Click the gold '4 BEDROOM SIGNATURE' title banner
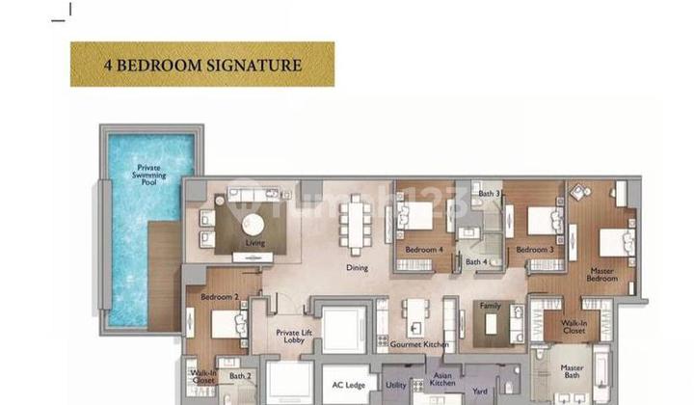(202, 65)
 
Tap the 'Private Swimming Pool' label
(149, 171)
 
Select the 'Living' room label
(254, 243)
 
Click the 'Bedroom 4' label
(424, 250)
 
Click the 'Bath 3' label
(489, 194)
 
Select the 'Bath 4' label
(476, 261)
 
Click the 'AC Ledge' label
(349, 385)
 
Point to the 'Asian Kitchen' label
(443, 380)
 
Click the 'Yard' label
(479, 393)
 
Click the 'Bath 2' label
(239, 376)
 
